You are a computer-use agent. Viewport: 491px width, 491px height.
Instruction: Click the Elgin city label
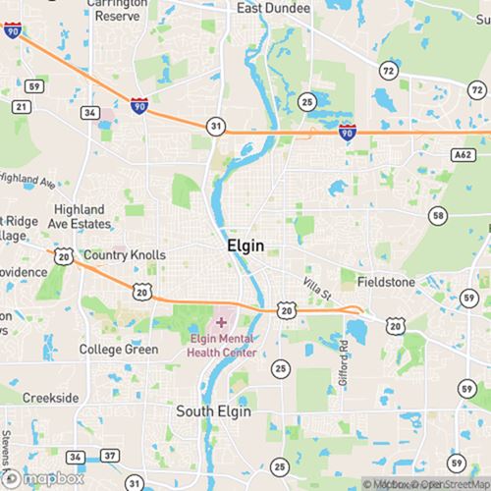coord(245,245)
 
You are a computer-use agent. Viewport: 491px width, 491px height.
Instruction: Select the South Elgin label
coord(212,411)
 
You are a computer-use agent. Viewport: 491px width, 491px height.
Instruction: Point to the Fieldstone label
coord(386,282)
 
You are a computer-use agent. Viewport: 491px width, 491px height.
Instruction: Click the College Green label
coord(118,350)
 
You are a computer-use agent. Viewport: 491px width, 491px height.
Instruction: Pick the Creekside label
coord(51,398)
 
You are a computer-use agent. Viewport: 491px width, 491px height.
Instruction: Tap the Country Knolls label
coord(121,255)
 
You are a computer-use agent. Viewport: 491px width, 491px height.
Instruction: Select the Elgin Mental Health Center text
coord(224,346)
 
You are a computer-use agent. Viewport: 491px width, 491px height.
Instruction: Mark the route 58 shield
coord(437,215)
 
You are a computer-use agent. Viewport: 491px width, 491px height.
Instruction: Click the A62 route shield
coord(463,153)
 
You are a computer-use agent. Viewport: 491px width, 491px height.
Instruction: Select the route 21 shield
coord(22,105)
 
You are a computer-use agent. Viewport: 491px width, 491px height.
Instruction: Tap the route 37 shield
coord(109,457)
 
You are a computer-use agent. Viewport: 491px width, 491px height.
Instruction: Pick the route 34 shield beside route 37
coord(76,457)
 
